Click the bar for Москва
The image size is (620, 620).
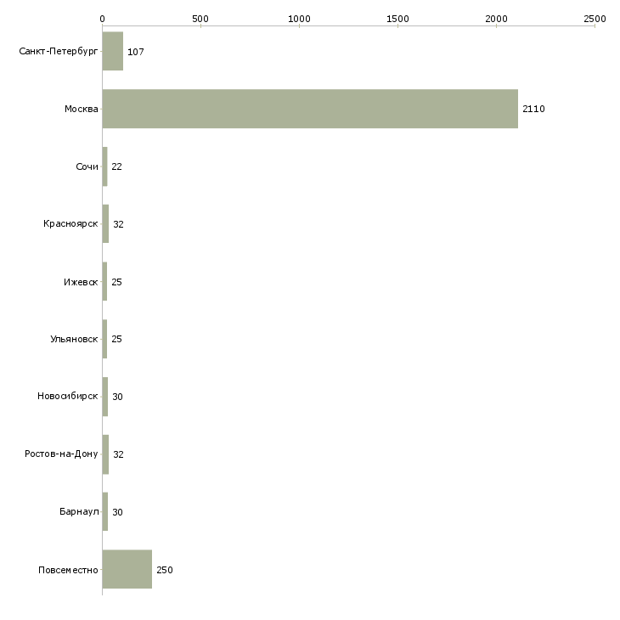(310, 109)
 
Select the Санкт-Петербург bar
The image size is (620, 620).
(113, 51)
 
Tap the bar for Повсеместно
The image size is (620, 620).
(127, 569)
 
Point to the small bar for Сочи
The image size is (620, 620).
(104, 166)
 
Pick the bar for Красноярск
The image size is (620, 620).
(105, 224)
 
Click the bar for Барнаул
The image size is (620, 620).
(105, 511)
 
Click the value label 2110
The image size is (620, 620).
(533, 109)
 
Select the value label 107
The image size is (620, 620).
(136, 52)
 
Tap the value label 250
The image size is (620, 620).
(165, 570)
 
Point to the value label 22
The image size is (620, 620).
(116, 166)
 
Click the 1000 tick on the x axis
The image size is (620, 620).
(299, 19)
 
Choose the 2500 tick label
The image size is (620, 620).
(595, 19)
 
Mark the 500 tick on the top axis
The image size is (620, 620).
(200, 19)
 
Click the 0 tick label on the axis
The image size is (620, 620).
(103, 19)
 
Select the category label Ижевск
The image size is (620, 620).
(81, 282)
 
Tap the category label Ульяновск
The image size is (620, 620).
(74, 339)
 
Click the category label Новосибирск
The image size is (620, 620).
(68, 396)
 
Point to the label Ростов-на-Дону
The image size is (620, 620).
(61, 454)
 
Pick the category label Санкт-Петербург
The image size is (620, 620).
(59, 52)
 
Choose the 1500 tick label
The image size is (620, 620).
(397, 19)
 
